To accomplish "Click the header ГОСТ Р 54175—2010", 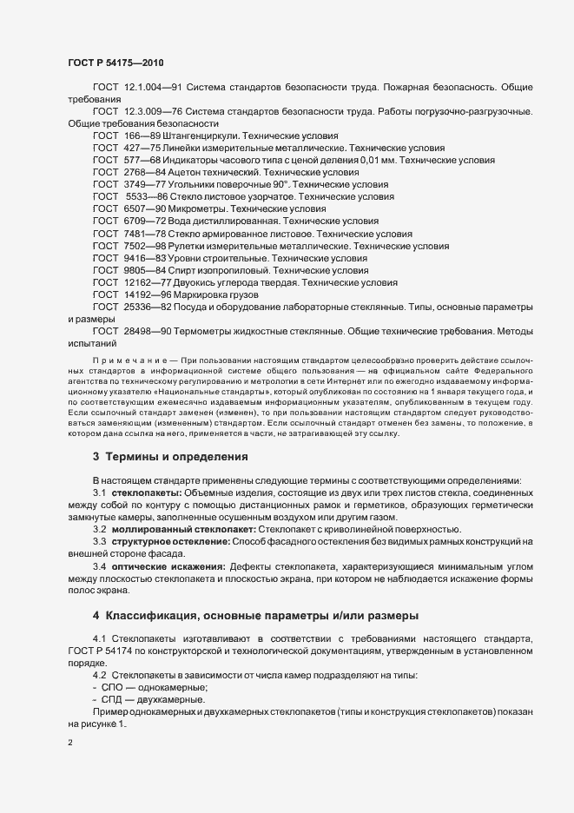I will tap(115, 63).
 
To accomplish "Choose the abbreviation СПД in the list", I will tap(114, 698).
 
